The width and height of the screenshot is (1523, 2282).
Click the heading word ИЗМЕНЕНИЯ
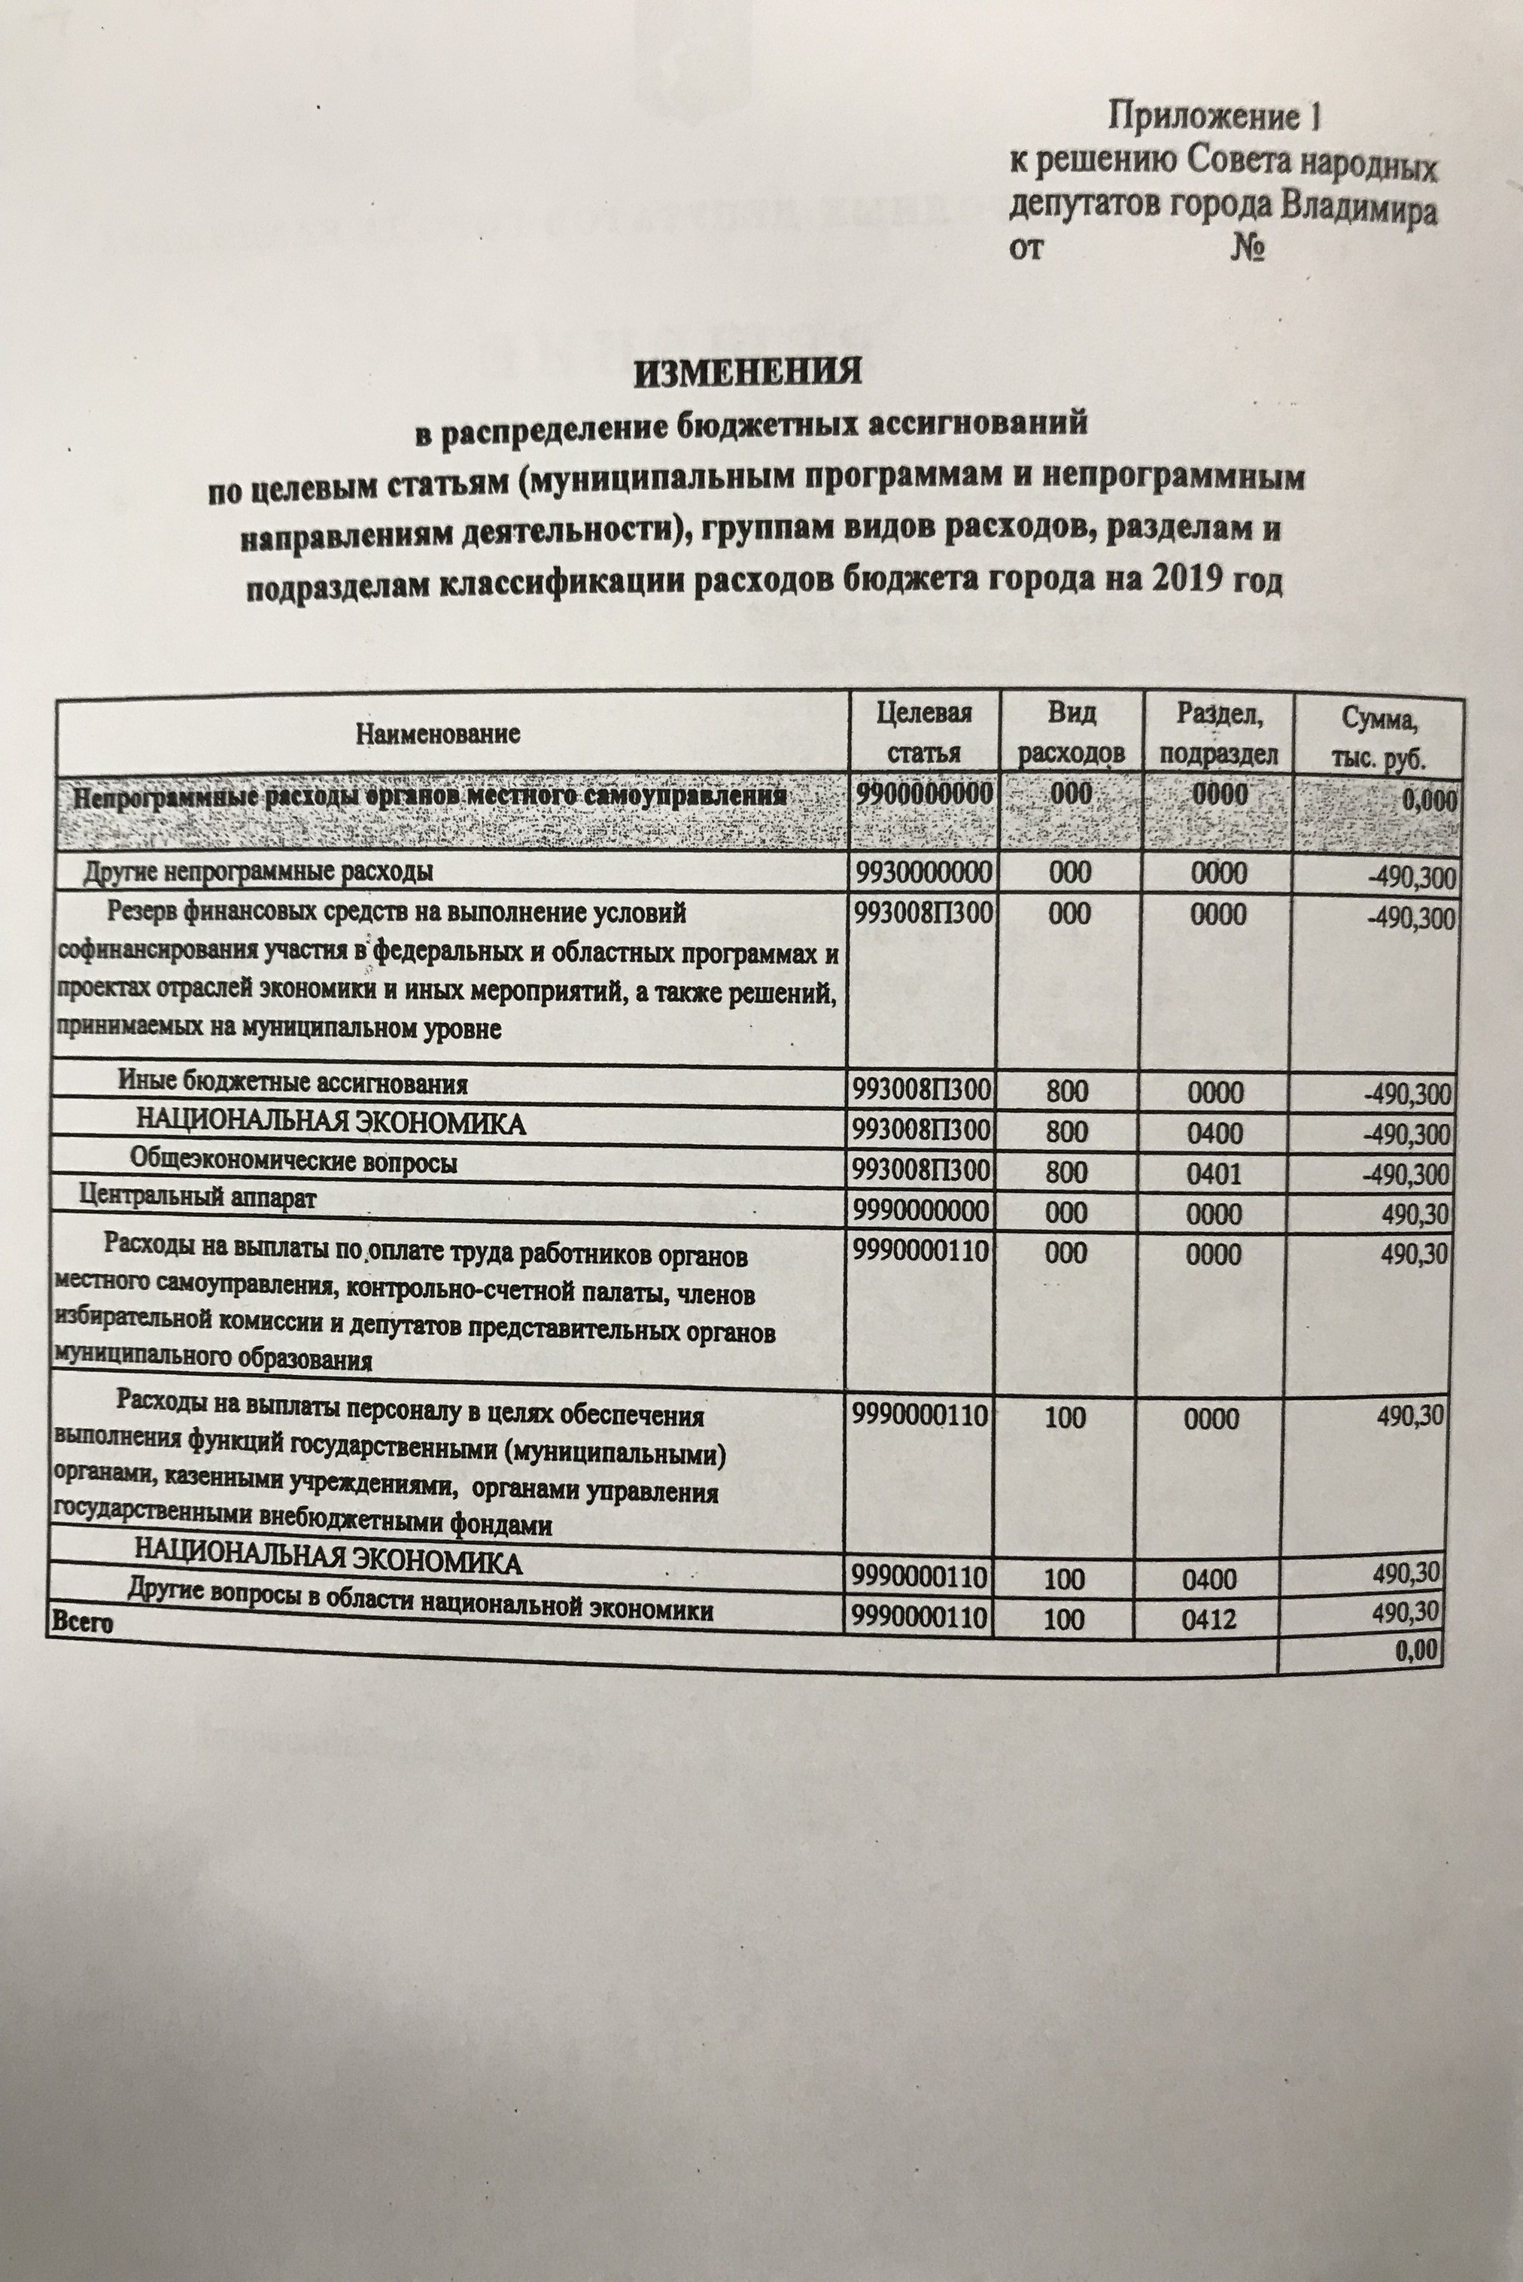pos(748,373)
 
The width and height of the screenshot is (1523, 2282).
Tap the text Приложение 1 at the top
pos(1215,117)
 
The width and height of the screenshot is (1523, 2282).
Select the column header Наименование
pos(438,734)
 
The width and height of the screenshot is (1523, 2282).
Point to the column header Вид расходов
pos(1072,735)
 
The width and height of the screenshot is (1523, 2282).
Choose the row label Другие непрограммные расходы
pos(257,871)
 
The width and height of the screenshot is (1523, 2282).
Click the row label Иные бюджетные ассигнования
pos(293,1083)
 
